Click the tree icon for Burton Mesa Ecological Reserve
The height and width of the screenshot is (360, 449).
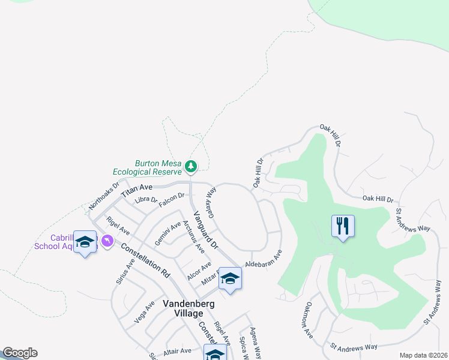coord(191,165)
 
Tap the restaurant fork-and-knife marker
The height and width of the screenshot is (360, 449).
coord(343,226)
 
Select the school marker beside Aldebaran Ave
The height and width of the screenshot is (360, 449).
coord(230,278)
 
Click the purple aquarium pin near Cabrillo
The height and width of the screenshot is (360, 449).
coord(107,241)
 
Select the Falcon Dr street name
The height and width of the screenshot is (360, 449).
coord(171,199)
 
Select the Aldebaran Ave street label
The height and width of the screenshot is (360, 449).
coord(264,259)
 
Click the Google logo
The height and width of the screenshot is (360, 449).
coord(20,353)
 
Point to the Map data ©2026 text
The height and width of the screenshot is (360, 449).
coord(423,355)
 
